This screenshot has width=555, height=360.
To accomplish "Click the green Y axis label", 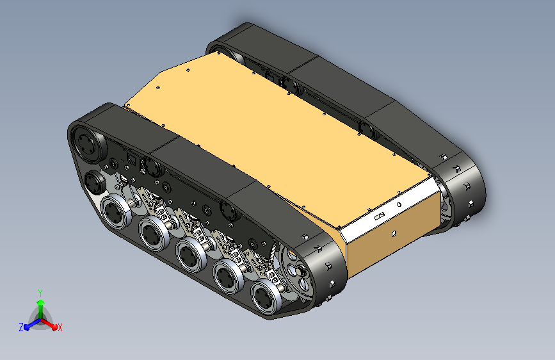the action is click(40, 293).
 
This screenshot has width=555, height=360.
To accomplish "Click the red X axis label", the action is click(60, 328).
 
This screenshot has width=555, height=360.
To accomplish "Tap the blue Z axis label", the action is click(21, 327).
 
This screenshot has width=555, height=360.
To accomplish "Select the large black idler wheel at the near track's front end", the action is click(86, 144).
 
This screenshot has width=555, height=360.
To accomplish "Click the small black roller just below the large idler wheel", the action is click(94, 182).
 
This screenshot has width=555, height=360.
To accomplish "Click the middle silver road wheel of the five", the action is click(191, 255).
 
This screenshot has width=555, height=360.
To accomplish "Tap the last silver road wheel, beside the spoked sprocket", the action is click(266, 296).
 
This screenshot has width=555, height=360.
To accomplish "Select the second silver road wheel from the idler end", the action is click(154, 233).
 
